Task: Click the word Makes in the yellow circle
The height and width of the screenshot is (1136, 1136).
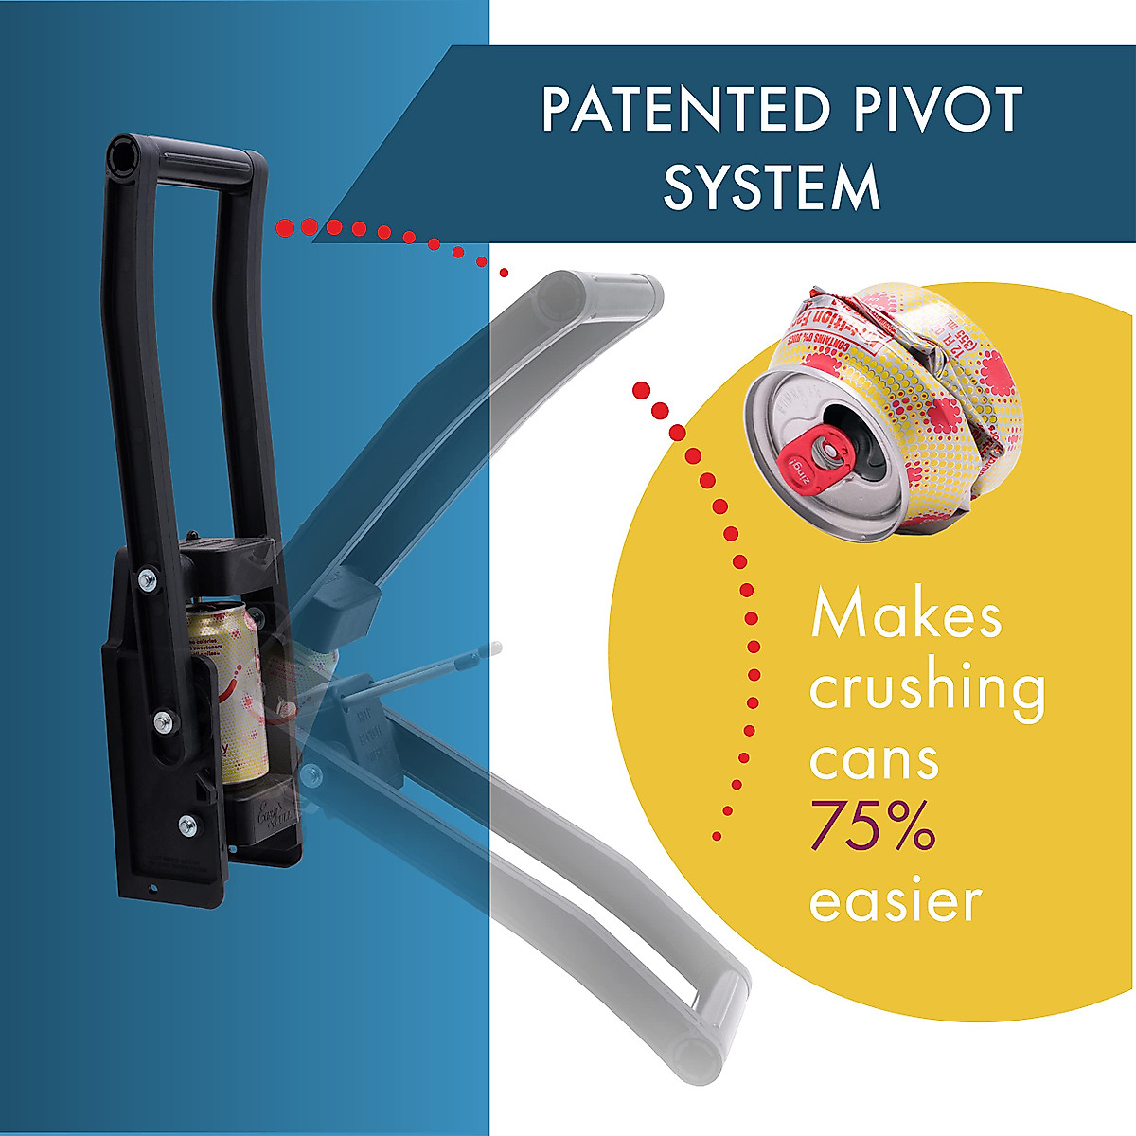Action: coord(905,615)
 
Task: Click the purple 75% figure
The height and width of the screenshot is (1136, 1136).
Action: coord(872,827)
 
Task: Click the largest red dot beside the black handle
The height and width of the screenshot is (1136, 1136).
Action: coord(283,227)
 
